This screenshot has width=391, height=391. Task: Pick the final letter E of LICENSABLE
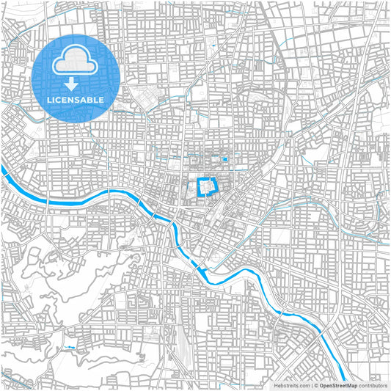tap(101, 99)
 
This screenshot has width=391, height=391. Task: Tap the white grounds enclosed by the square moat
tap(208, 189)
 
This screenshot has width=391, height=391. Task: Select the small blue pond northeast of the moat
tap(224, 158)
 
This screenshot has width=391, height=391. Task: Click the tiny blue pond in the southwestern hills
tap(70, 347)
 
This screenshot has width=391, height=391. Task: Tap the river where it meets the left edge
tap(3, 170)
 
